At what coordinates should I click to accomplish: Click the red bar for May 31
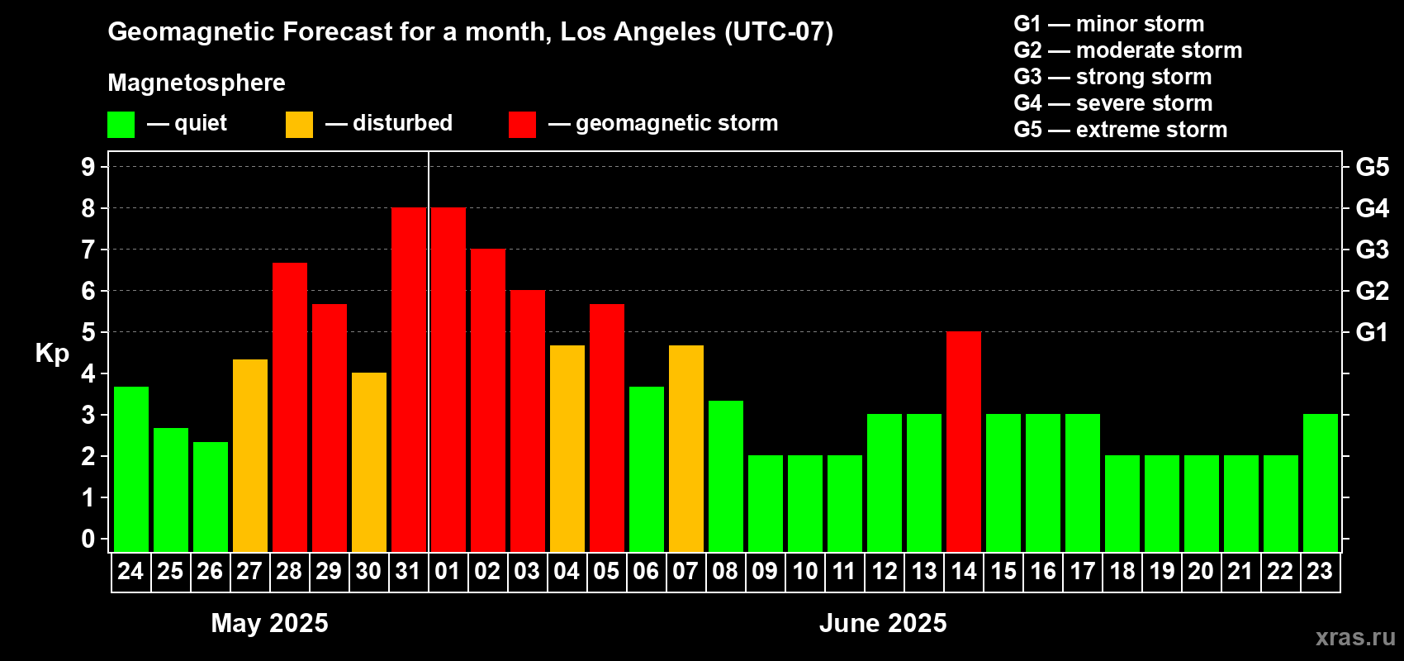point(409,379)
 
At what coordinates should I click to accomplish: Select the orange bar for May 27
point(250,455)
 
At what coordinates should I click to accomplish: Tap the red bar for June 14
point(964,441)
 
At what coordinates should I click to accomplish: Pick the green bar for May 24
point(131,469)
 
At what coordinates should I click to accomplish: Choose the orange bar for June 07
point(686,449)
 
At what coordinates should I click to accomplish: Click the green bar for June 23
point(1321,483)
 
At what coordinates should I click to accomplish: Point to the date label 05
point(606,571)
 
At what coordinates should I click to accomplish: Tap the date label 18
point(1122,571)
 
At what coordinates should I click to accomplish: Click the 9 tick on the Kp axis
point(88,167)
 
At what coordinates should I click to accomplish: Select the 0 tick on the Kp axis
point(88,539)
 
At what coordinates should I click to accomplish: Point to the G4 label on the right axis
point(1372,208)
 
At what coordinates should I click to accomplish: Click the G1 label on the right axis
point(1372,332)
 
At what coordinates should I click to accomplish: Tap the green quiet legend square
point(121,124)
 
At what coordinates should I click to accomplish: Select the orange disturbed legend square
point(299,124)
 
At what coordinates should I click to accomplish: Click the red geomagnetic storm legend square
point(522,124)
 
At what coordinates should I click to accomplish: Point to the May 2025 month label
point(269,623)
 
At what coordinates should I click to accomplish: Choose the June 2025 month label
point(883,623)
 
